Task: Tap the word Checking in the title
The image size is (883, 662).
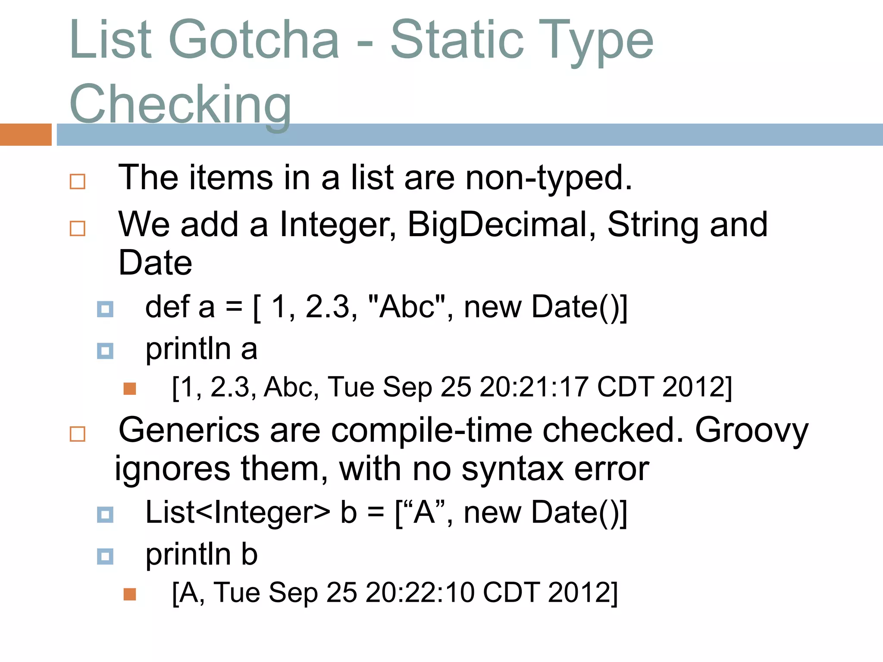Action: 180,104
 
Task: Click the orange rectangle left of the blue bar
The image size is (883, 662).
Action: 25,134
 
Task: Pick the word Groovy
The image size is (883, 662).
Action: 751,430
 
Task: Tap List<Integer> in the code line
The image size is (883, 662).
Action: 238,512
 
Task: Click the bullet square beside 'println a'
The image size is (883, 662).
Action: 105,351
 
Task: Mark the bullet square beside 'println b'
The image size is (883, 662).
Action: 105,556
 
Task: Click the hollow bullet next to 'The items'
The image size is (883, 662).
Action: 78,181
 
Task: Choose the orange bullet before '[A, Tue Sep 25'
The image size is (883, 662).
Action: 130,594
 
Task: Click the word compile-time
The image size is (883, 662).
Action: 431,430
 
